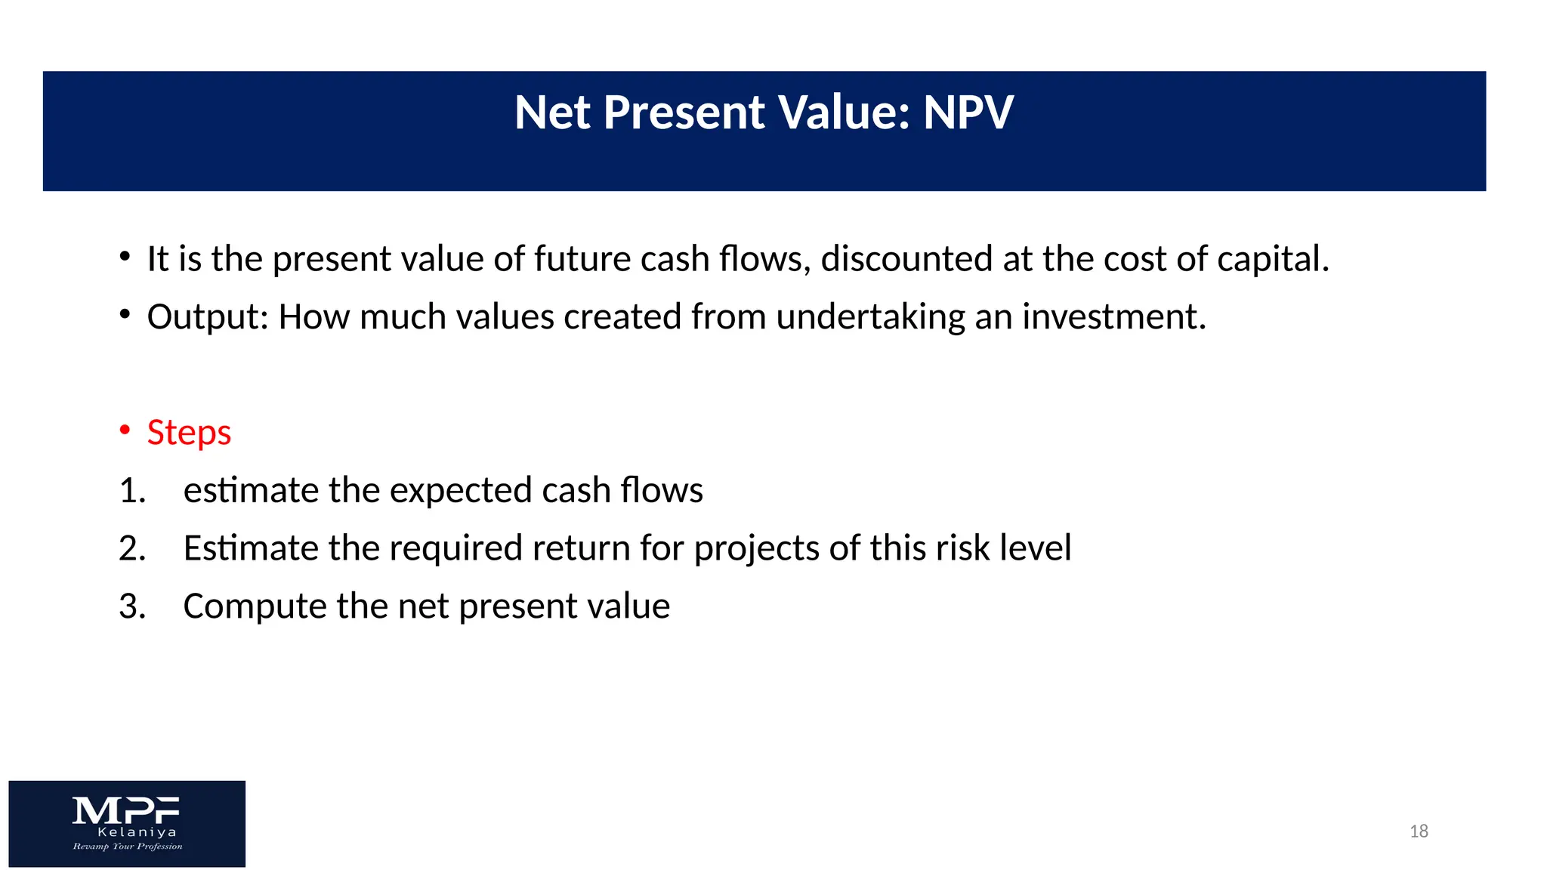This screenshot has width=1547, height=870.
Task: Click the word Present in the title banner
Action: click(684, 113)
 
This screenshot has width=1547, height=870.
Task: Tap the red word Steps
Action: click(189, 433)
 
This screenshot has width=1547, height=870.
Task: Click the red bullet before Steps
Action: click(125, 430)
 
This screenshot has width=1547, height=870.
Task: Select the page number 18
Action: click(1419, 831)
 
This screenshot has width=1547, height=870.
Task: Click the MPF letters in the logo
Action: click(126, 811)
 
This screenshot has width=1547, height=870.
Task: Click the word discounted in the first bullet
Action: click(906, 259)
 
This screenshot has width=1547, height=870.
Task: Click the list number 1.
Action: click(131, 491)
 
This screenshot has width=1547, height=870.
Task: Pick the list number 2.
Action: click(131, 549)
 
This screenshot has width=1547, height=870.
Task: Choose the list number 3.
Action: click(131, 606)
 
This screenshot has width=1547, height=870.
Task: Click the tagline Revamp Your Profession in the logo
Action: click(128, 847)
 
